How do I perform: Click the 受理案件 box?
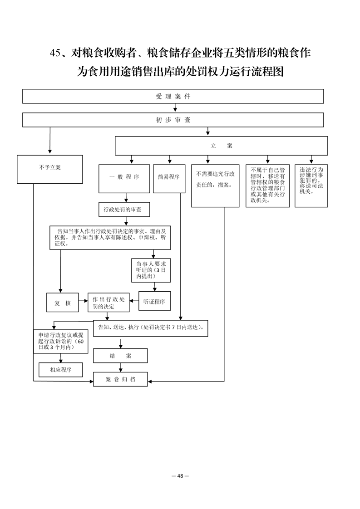[x=173, y=97]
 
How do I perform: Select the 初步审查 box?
[x=173, y=120]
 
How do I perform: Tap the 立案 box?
[x=221, y=146]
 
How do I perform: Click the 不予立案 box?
[x=50, y=169]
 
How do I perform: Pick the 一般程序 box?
[x=124, y=179]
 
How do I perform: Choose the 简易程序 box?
[x=169, y=179]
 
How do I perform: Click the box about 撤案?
[x=215, y=186]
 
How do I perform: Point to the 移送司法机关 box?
[x=311, y=186]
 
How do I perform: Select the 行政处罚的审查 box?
[x=124, y=210]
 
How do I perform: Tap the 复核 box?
[x=62, y=303]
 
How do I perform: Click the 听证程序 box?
[x=154, y=301]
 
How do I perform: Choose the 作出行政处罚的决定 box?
[x=108, y=303]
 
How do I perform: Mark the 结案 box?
[x=120, y=356]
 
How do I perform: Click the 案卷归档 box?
[x=120, y=379]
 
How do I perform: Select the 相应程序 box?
[x=61, y=370]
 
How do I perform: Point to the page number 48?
[x=180, y=476]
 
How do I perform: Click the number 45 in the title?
[x=55, y=53]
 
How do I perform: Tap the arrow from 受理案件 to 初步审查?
[x=175, y=108]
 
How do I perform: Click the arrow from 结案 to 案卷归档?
[x=121, y=367]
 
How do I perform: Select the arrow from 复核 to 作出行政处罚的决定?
[x=83, y=301]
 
